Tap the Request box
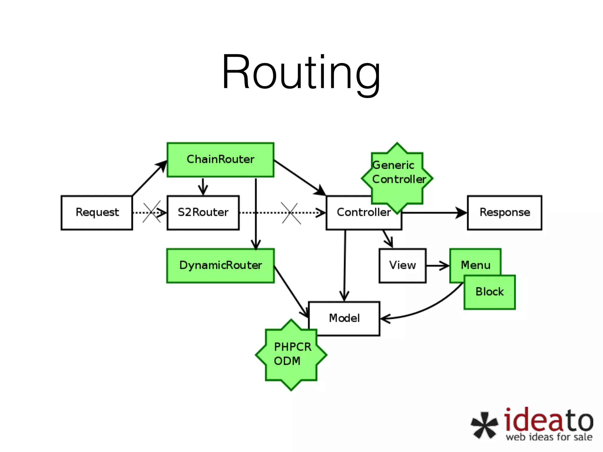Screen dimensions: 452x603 97,212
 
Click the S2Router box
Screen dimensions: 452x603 203,212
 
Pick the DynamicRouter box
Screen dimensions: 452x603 220,265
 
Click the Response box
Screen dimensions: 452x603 504,212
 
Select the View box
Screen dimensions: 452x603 402,265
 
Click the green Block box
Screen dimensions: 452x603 489,292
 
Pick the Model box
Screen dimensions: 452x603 344,318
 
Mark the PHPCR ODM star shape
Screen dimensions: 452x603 291,354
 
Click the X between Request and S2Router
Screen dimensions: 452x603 152,212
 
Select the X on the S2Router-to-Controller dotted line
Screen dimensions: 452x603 291,213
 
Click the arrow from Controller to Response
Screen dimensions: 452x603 434,212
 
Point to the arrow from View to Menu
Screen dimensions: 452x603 438,266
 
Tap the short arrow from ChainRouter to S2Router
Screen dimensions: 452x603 203,186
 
